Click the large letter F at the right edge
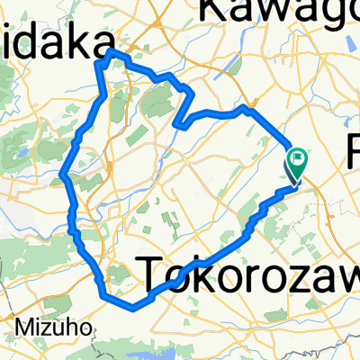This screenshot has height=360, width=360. (352, 158)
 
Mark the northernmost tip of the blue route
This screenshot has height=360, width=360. (112, 51)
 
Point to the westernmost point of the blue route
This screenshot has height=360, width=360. (59, 174)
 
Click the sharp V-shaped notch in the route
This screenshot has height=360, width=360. (181, 123)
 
